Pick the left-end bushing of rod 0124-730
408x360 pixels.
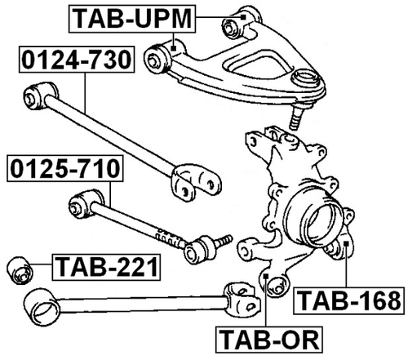tap(36, 94)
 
